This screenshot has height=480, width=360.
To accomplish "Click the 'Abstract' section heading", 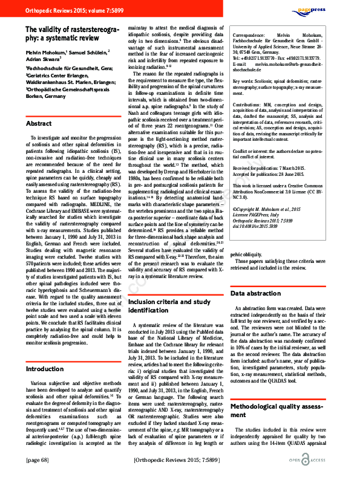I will pos(39,123).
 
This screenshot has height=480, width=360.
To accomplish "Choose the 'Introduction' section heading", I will pos(46,369).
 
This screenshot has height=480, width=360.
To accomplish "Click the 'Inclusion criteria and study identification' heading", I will pos(169,305).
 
